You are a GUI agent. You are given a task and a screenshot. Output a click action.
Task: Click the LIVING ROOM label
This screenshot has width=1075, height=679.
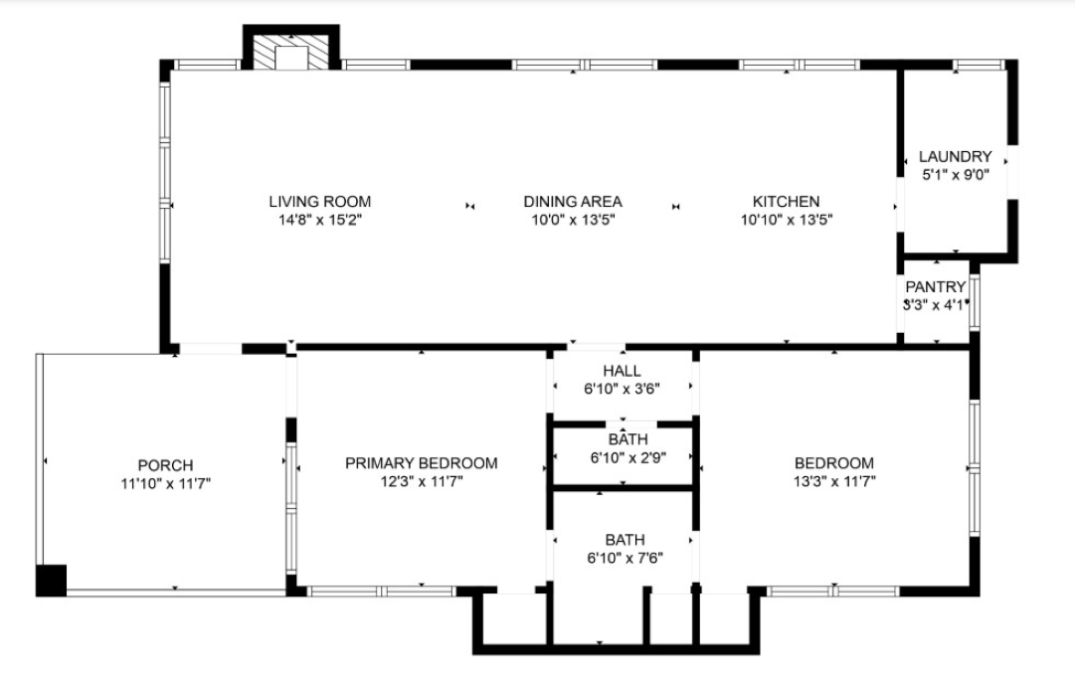[319, 202]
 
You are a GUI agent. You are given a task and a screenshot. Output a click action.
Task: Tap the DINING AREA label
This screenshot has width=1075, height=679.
[573, 202]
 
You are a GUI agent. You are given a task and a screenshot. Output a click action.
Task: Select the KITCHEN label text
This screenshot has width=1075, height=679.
[786, 202]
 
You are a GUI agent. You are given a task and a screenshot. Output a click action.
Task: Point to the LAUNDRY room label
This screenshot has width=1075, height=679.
[955, 156]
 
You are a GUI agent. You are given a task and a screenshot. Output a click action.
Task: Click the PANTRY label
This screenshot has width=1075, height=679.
[935, 286]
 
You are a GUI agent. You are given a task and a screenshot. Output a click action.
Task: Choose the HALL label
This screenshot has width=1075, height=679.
[622, 371]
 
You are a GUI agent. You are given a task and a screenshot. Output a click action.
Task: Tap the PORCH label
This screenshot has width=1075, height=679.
[165, 465]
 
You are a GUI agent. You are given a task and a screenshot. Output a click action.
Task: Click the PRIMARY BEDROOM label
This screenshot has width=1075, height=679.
[421, 463]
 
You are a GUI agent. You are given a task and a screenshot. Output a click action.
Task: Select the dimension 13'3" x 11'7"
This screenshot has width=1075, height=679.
[834, 482]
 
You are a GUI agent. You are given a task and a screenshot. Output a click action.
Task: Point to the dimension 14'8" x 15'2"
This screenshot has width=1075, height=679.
[319, 220]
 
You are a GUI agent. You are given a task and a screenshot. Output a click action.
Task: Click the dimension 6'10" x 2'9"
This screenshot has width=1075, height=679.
[628, 457]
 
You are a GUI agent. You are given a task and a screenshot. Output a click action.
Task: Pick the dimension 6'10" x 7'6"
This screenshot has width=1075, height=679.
[625, 559]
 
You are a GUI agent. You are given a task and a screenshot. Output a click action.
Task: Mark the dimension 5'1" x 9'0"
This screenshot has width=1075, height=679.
[955, 175]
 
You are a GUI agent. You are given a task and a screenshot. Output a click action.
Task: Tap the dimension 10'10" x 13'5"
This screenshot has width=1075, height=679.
[787, 220]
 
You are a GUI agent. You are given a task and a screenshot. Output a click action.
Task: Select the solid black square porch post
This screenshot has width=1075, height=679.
[52, 581]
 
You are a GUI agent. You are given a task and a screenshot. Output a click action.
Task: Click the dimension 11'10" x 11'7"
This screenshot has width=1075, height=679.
[165, 484]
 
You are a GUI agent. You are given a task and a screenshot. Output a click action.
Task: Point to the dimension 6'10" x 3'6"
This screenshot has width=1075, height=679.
[622, 389]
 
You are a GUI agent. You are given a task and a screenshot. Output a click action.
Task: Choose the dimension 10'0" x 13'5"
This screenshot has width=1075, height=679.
[573, 220]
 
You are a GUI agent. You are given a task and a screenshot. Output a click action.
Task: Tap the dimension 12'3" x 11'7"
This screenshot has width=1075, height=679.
[422, 482]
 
